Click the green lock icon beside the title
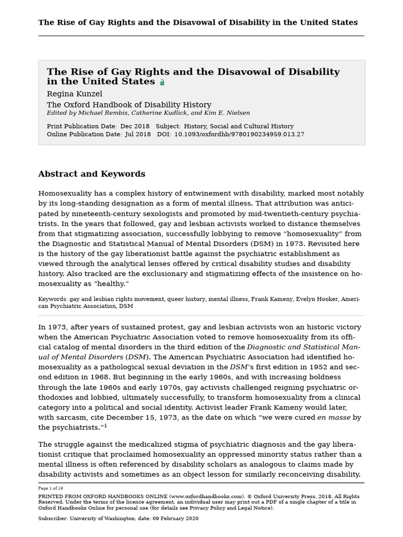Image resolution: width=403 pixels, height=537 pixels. pyautogui.click(x=162, y=83)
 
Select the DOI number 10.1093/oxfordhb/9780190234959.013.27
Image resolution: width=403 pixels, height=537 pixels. pyautogui.click(x=239, y=134)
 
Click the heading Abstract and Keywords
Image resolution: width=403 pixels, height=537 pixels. pyautogui.click(x=91, y=174)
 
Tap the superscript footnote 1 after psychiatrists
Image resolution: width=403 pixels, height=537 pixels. pyautogui.click(x=105, y=425)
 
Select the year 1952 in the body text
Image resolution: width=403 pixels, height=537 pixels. pyautogui.click(x=317, y=367)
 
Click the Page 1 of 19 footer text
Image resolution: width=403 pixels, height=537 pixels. pyautogui.click(x=50, y=488)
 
